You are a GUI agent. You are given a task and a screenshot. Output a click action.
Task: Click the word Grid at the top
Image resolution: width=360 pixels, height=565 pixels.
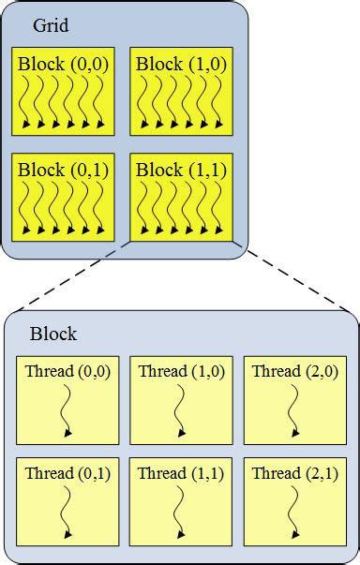[51, 25]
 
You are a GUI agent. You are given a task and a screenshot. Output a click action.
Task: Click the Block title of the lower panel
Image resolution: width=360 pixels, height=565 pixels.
[53, 334]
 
